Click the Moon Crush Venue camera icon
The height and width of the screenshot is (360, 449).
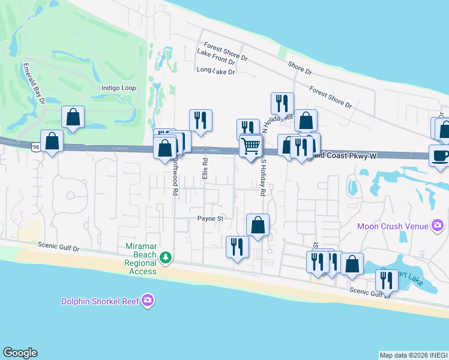coord(438,226)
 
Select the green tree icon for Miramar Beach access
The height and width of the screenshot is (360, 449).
coord(166,257)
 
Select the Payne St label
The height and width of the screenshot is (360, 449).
coord(210,218)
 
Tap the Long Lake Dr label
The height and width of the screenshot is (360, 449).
coord(215,71)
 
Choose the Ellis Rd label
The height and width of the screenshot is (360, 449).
coord(205,170)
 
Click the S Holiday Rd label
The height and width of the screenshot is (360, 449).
coord(262,178)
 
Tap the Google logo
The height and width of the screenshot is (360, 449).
coord(20,353)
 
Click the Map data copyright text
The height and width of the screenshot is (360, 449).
coord(413,355)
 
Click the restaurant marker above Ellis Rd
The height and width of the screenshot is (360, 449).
coord(200,120)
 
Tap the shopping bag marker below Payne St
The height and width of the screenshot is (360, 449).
coord(258,225)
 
